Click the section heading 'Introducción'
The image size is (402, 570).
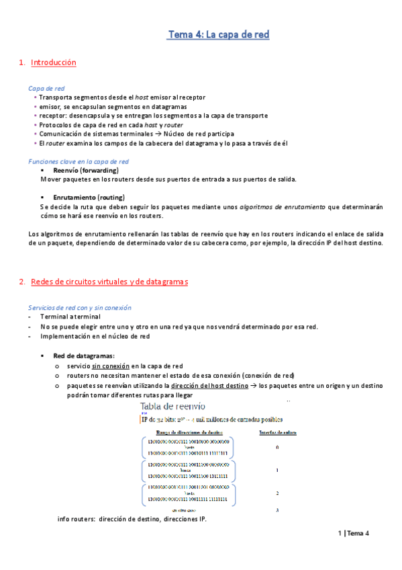point(54,63)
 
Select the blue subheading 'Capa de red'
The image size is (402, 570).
point(46,88)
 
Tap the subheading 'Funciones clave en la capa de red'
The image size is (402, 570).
point(79,161)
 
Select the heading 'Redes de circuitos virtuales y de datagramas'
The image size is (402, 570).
point(109,282)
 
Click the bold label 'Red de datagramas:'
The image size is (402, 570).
point(84,356)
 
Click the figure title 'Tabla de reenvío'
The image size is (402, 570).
point(173,407)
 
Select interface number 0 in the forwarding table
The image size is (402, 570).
point(277,447)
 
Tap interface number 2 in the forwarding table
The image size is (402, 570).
point(277,493)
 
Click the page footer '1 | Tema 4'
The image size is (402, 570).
point(354,533)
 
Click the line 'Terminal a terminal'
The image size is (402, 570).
point(70,317)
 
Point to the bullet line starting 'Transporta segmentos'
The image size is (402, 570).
point(122,97)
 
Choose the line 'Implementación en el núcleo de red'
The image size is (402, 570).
point(95,336)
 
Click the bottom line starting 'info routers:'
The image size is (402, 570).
point(132,520)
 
